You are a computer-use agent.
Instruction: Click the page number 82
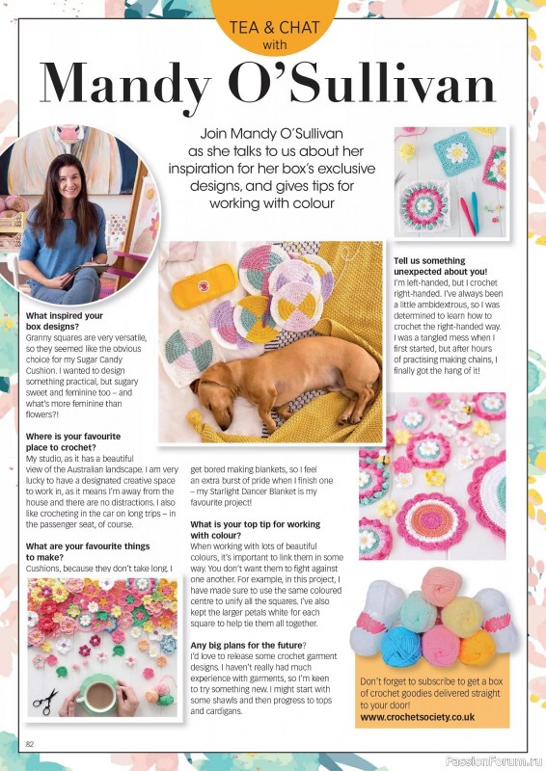pyautogui.click(x=31, y=743)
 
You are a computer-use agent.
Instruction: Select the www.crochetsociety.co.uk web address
pyautogui.click(x=420, y=716)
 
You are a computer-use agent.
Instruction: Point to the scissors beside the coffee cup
pyautogui.click(x=44, y=701)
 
